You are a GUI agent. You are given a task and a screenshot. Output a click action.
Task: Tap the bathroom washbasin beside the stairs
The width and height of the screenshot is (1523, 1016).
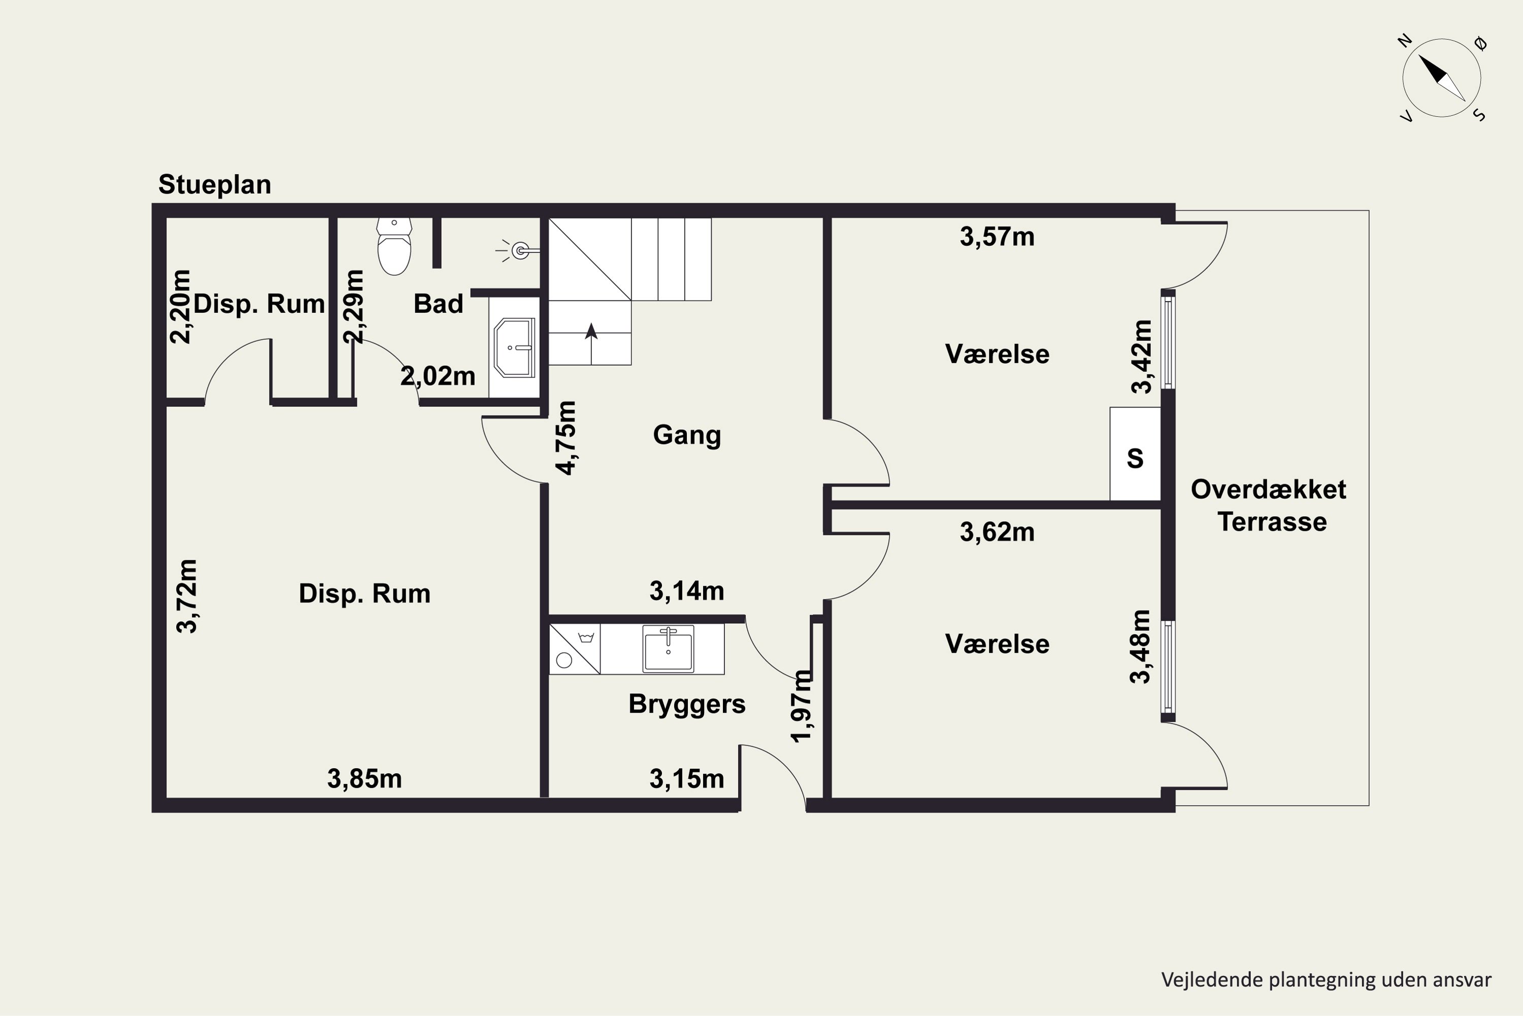[514, 347]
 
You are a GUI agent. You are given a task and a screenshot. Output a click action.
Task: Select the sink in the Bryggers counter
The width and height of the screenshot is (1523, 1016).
[668, 648]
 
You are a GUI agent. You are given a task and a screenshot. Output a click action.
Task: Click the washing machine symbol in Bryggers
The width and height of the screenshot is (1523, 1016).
[574, 649]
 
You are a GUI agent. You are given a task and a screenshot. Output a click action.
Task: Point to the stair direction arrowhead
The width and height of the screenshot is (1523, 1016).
[591, 331]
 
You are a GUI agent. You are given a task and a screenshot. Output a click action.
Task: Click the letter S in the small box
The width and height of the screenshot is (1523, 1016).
[1135, 459]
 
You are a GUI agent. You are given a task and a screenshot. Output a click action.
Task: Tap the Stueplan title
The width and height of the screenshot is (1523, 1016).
[214, 185]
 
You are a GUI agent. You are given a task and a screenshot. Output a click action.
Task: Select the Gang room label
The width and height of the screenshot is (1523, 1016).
[686, 435]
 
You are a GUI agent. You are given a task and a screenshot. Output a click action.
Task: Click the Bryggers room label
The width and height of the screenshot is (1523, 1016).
[686, 704]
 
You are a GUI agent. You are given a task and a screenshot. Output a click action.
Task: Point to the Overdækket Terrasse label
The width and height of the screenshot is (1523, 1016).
[1269, 505]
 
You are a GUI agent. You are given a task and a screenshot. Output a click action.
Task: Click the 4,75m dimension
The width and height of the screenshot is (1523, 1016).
[566, 438]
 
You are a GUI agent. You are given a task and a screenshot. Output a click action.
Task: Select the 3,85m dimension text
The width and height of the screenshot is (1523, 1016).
[364, 779]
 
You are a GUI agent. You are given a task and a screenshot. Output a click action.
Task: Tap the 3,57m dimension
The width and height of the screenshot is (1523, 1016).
[997, 237]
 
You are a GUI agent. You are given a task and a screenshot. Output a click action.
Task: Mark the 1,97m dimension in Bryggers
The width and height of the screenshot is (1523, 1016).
[801, 706]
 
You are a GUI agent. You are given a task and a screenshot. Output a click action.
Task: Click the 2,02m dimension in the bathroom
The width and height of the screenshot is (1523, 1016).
[438, 376]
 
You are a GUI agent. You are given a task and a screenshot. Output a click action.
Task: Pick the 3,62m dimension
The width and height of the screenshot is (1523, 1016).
[997, 532]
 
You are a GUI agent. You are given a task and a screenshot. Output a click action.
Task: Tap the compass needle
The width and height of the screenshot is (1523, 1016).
[1442, 78]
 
